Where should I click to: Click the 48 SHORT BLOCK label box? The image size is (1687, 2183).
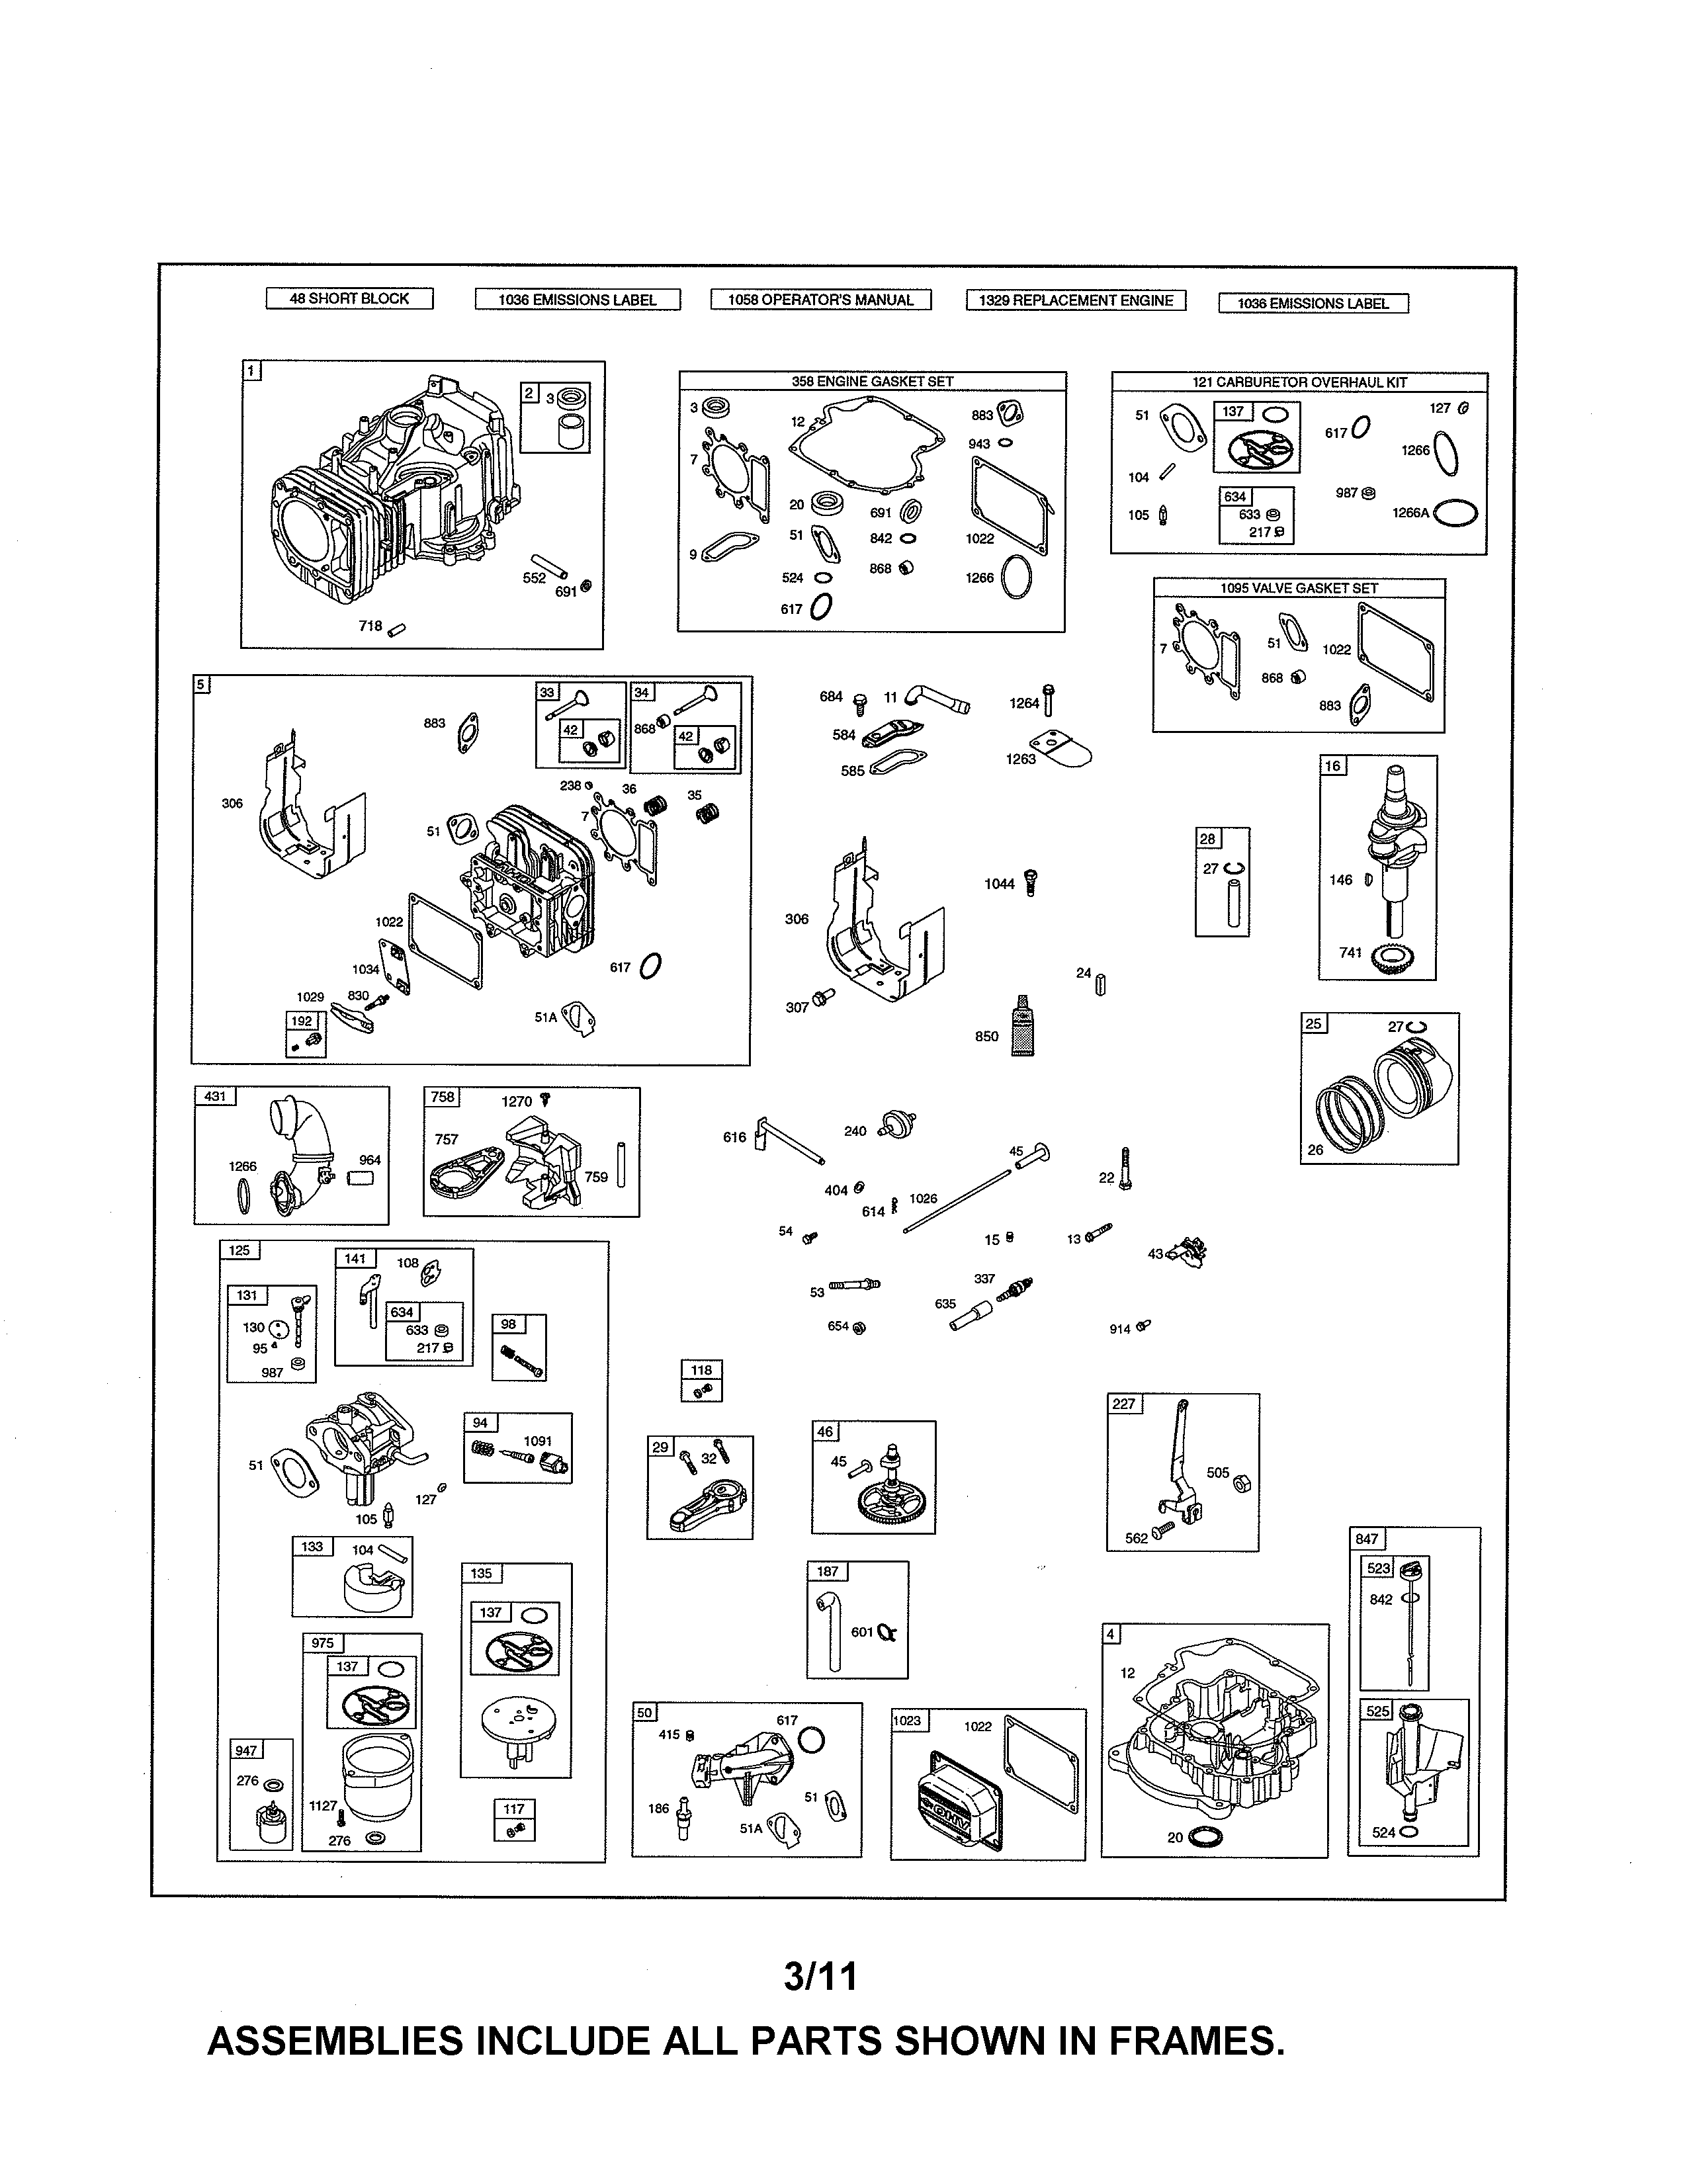(349, 298)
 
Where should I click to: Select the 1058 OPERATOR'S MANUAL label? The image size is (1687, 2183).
(820, 299)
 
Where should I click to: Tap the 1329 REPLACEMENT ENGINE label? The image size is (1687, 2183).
(1075, 300)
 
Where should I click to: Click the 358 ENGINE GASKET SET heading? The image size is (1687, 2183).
(871, 381)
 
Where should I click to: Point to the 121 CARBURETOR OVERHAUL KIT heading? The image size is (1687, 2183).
(1299, 382)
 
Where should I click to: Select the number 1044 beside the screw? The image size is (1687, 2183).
(998, 884)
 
